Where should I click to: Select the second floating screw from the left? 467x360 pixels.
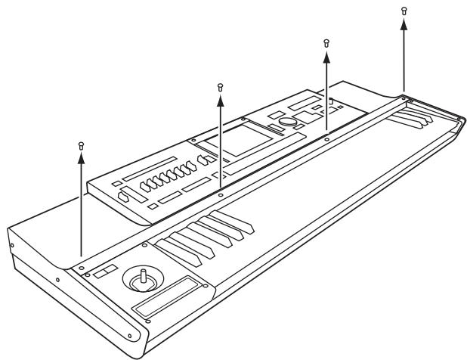point(220,87)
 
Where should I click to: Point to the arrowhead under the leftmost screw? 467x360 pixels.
point(81,157)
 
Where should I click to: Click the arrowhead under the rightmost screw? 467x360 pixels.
point(404,23)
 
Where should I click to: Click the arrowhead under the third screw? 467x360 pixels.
point(326,56)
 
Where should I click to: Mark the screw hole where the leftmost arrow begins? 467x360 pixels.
point(81,266)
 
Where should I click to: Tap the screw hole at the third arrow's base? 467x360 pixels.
point(326,138)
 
